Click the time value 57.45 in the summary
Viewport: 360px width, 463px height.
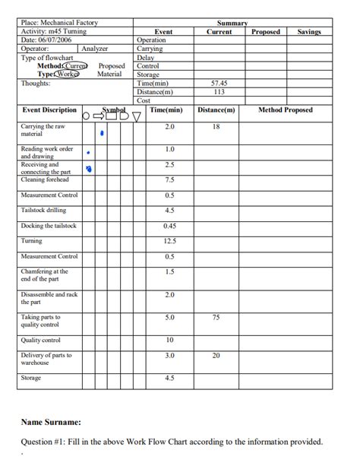[x=219, y=83]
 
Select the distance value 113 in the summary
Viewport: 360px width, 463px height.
[x=219, y=91]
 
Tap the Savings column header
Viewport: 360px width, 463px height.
[x=309, y=32]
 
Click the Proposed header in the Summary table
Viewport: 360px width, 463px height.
[x=266, y=32]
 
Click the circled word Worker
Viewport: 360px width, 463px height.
[x=66, y=74]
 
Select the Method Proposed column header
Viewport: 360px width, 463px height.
[x=285, y=110]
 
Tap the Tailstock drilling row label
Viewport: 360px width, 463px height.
[x=44, y=210]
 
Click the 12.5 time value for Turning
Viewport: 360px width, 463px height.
[x=169, y=241]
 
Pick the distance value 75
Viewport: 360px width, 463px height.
[x=216, y=317]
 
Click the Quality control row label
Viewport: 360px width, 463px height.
[x=41, y=340]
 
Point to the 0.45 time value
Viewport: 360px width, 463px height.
[x=169, y=226]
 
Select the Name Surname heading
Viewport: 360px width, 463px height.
[x=51, y=421]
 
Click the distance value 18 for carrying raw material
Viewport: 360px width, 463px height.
[x=216, y=126]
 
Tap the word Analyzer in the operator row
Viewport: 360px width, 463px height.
[x=95, y=48]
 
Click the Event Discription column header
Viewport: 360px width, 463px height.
[x=49, y=110]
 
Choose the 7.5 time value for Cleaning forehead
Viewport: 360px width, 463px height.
[x=169, y=179]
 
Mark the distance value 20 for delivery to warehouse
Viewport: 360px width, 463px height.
[x=216, y=355]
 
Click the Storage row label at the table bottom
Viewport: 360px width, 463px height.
[x=31, y=378]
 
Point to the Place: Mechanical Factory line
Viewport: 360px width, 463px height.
[x=60, y=24]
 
